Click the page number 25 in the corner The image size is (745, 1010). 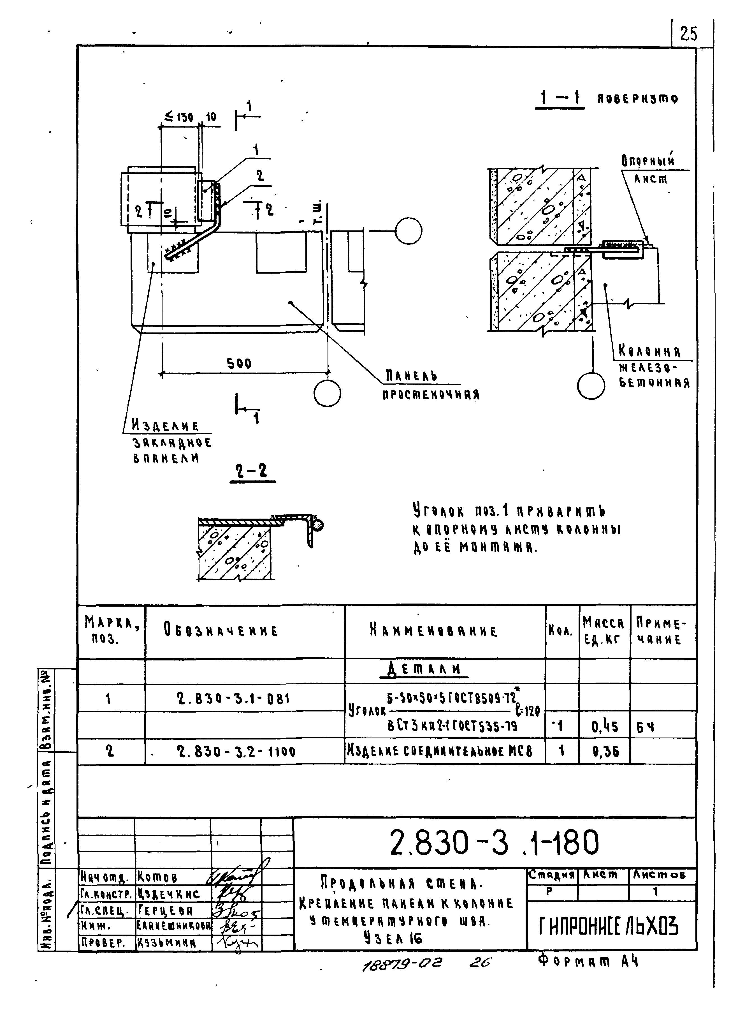pos(688,34)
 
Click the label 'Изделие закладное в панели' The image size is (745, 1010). pos(171,442)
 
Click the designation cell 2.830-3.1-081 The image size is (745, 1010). pos(233,699)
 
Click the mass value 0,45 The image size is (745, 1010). pos(604,727)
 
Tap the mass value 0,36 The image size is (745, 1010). pos(605,752)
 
